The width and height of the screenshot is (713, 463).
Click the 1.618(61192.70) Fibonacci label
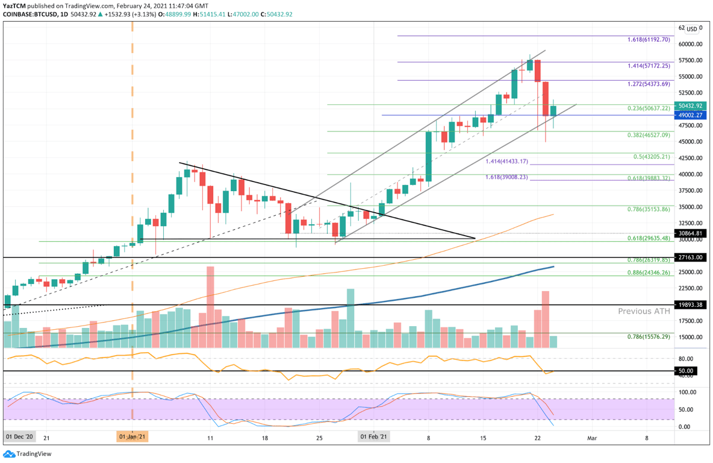[x=647, y=40]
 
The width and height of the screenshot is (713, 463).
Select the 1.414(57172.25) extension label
[x=647, y=65]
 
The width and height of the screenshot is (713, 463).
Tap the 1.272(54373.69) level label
[x=647, y=84]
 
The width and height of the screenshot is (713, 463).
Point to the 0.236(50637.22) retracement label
[x=647, y=109]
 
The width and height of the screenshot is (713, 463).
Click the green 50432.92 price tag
[x=690, y=106]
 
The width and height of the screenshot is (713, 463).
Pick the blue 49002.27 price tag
[x=690, y=115]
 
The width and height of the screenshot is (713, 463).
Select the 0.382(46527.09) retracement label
[x=647, y=136]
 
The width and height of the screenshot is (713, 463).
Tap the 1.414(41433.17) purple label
[x=506, y=162]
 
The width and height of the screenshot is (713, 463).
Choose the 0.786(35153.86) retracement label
[x=647, y=209]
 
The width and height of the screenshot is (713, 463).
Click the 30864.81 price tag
[x=690, y=233]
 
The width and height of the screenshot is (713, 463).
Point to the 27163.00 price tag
[x=690, y=257]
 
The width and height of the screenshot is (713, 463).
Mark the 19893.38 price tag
[x=690, y=305]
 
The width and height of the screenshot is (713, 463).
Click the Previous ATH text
[x=643, y=312]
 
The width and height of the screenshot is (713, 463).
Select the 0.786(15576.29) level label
[x=647, y=336]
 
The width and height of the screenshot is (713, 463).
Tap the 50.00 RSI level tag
[x=687, y=371]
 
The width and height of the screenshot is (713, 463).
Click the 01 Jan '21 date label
[x=132, y=435]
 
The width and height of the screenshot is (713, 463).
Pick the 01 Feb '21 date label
[x=374, y=435]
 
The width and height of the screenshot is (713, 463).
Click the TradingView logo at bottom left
[x=28, y=453]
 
